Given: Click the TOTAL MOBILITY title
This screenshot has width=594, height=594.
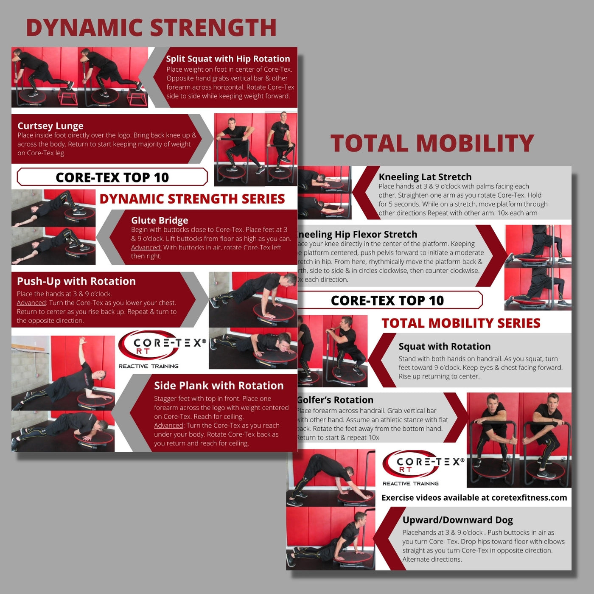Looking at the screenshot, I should click(x=432, y=143).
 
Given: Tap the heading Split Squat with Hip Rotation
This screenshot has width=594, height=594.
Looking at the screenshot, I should click(x=228, y=59).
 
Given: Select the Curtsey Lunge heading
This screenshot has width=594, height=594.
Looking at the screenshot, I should click(x=50, y=126).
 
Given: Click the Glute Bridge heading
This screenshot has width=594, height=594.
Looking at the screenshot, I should click(x=160, y=220).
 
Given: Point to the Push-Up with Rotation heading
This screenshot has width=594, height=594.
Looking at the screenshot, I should click(x=76, y=281).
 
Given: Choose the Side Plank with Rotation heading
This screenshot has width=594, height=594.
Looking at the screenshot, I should click(x=219, y=386).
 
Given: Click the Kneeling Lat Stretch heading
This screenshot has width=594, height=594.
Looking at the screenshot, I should click(x=425, y=177).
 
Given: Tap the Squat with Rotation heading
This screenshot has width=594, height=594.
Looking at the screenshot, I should click(x=444, y=346).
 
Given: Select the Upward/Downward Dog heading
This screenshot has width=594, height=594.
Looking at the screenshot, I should click(x=457, y=520).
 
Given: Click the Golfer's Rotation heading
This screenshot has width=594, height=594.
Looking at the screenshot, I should click(x=335, y=400).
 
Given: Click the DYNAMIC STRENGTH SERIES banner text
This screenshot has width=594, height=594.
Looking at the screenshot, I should click(x=192, y=199).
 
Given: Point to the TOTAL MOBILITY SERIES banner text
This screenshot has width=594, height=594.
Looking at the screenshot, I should click(x=461, y=323).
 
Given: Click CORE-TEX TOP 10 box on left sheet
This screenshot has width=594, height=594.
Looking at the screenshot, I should click(x=112, y=177).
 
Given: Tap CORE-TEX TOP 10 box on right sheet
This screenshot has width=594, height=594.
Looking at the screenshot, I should click(x=387, y=300).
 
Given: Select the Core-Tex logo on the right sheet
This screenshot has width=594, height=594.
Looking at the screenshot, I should click(x=423, y=467).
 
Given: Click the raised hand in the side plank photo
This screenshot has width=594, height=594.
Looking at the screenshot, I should click(x=82, y=340).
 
